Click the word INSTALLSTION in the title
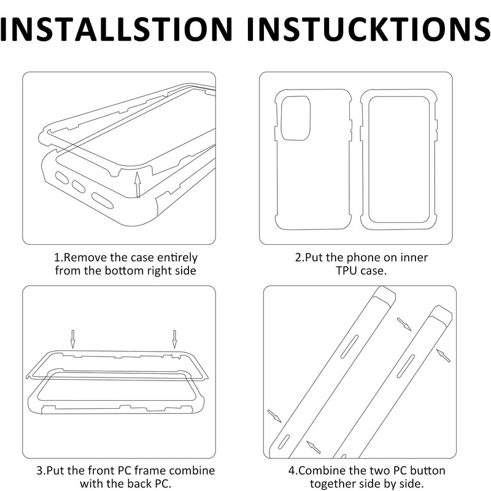(x=116, y=29)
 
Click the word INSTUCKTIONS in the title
(x=369, y=29)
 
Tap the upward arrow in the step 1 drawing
(x=137, y=185)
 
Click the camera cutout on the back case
(x=296, y=118)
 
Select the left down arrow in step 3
(x=72, y=339)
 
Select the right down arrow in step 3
(x=174, y=339)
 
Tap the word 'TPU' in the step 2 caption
(x=347, y=270)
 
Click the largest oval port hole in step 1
(x=102, y=201)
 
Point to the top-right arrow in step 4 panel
(x=404, y=324)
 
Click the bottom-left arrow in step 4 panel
(x=314, y=447)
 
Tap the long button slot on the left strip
(x=349, y=346)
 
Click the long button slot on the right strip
(x=406, y=366)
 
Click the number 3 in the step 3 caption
(x=39, y=471)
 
